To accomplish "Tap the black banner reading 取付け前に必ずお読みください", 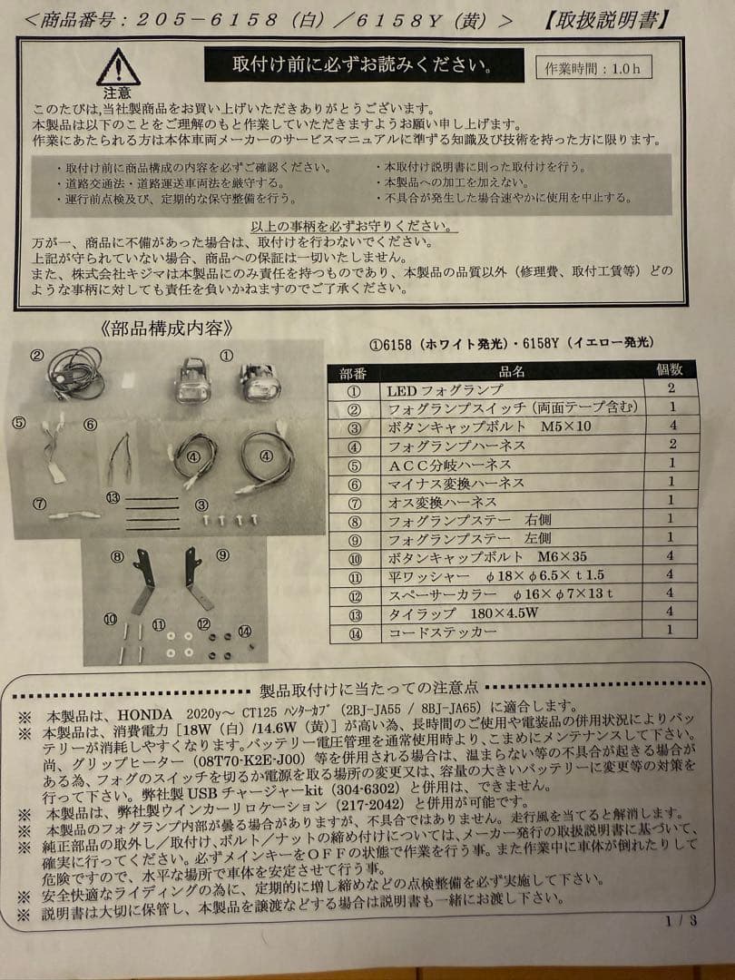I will pyautogui.click(x=364, y=65).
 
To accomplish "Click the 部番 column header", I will pyautogui.click(x=353, y=370).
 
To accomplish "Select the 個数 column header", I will pyautogui.click(x=675, y=369).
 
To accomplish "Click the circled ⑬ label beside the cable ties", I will pyautogui.click(x=113, y=496).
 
